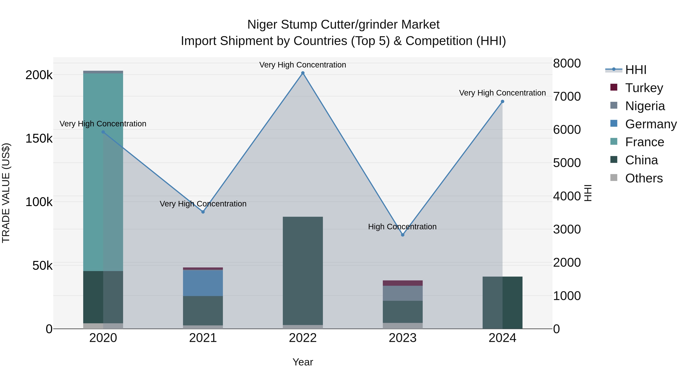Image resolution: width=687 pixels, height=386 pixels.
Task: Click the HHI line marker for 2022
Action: pos(303,73)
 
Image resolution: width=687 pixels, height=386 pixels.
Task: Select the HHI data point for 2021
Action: pos(203,212)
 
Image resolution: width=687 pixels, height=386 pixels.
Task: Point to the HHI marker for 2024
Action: pos(502,101)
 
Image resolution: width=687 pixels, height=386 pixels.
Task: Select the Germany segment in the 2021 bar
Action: pos(203,283)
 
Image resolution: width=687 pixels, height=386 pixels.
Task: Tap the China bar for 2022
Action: pos(303,270)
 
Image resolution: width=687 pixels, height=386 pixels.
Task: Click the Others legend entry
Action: pos(643,178)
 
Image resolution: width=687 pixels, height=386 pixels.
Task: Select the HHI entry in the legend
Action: pos(635,70)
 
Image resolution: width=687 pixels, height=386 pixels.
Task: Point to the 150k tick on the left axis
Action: pos(39,139)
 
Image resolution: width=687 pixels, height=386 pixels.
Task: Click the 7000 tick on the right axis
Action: pos(567,96)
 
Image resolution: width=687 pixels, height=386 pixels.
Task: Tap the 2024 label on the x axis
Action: pos(502,338)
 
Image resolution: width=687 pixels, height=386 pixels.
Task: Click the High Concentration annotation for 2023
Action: pos(402,227)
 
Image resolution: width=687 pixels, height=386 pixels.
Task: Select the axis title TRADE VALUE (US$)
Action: pos(6,193)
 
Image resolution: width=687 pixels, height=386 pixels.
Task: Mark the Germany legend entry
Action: pos(651,124)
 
